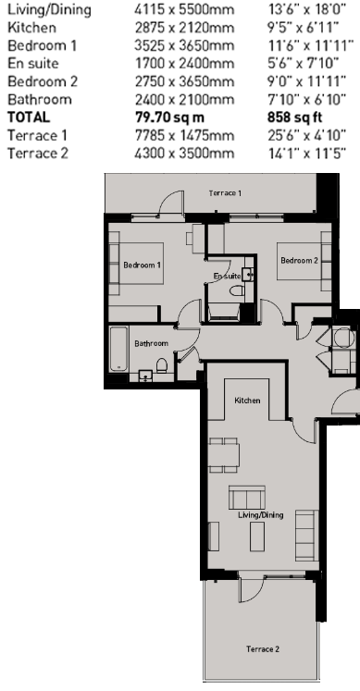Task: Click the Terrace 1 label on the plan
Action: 225,193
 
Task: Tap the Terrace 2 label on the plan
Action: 263,648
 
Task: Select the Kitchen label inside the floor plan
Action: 247,401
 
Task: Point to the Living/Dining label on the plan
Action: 260,514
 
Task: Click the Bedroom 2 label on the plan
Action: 299,261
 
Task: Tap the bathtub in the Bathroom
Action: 118,349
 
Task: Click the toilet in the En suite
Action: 238,290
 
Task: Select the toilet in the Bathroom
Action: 162,365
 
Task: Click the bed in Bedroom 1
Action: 136,264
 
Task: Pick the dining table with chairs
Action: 224,455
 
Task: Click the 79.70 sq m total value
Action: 169,117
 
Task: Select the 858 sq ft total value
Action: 295,117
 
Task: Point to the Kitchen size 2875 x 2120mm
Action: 184,28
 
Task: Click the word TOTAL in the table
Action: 29,117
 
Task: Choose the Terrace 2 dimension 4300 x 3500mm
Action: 184,154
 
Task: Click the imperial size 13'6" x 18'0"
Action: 307,9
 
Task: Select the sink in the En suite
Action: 248,274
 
